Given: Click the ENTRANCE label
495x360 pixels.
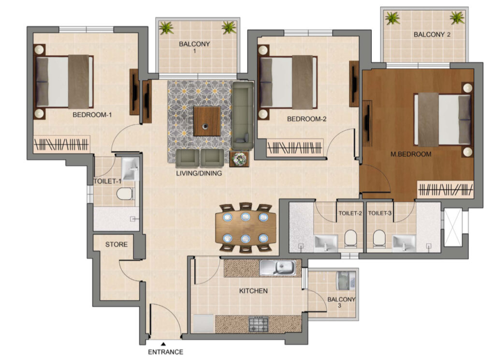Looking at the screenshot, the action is click(165, 352).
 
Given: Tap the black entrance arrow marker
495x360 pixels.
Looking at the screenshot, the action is click(163, 344).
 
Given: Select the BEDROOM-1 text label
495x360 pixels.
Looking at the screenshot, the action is click(92, 115).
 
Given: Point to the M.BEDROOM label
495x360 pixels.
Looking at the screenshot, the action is click(411, 154).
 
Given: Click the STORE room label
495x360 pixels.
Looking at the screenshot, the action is click(116, 244).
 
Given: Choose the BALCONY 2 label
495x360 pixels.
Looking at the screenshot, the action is click(432, 34).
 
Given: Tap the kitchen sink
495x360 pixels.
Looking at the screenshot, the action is click(278, 268).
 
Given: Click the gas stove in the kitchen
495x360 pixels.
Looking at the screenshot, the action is click(259, 324).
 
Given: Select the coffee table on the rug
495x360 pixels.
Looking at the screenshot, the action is click(207, 121).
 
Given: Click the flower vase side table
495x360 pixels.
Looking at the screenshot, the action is click(239, 159).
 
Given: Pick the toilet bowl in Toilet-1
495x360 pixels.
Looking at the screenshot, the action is click(125, 194).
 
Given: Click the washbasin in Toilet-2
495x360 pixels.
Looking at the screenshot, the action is click(326, 243).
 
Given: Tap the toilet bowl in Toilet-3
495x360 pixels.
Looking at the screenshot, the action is click(379, 239).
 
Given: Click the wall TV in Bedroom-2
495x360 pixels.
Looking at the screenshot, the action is click(354, 84).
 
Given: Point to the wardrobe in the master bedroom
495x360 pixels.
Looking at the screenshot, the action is click(445, 190).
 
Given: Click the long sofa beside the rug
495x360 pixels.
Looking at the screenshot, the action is click(243, 115).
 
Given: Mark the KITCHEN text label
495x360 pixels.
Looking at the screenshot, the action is click(253, 291).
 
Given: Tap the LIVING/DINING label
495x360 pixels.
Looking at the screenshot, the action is click(199, 173).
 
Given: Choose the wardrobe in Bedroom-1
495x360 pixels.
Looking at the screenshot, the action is click(61, 145).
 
